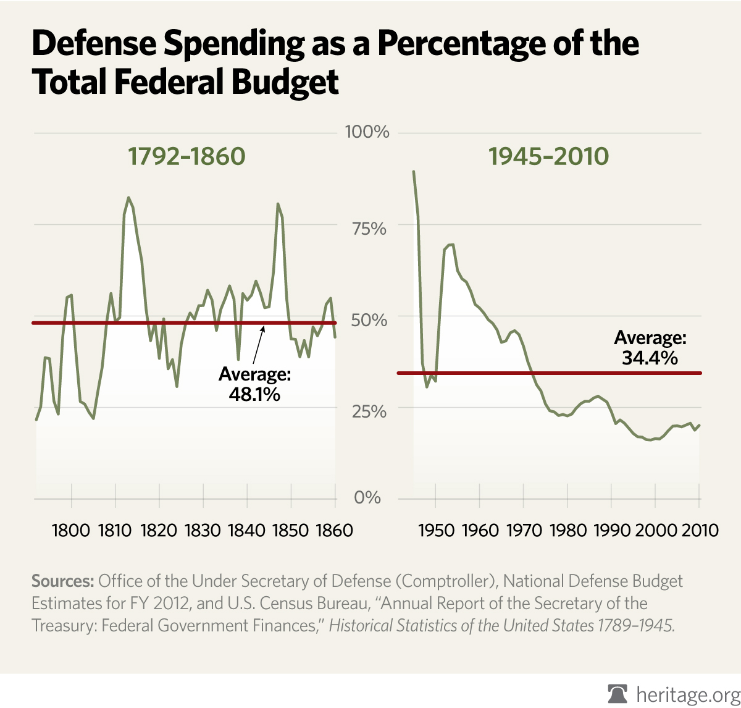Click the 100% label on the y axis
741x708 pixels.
click(x=367, y=132)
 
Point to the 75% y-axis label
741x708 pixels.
click(x=369, y=229)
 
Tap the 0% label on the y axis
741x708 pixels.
click(x=367, y=498)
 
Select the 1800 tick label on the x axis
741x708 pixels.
click(x=72, y=530)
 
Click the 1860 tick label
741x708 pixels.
click(x=333, y=530)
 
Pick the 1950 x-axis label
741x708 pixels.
click(x=436, y=530)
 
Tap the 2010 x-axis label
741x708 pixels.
click(x=699, y=530)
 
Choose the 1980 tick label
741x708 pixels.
click(x=567, y=530)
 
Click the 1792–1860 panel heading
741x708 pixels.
click(x=186, y=156)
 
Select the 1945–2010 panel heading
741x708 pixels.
click(x=549, y=156)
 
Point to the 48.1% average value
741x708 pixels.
click(x=254, y=394)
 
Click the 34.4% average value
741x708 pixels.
click(x=650, y=357)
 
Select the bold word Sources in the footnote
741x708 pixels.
click(x=62, y=581)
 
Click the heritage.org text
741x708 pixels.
click(x=687, y=694)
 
